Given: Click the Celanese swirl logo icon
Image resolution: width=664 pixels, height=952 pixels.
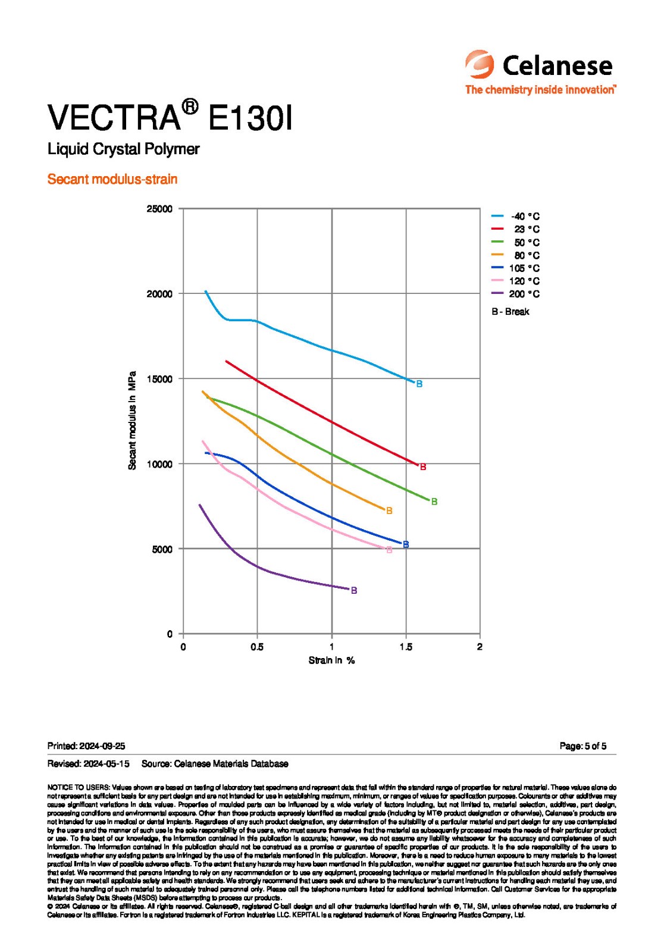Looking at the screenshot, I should point(479,64).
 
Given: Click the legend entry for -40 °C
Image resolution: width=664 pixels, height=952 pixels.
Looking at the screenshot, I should point(515,217).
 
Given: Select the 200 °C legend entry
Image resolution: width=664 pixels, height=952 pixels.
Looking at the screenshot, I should point(515,294).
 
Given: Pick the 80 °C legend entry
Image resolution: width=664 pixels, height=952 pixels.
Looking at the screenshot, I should point(515,255).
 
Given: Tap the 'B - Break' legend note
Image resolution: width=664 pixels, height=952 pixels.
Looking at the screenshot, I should point(510,312).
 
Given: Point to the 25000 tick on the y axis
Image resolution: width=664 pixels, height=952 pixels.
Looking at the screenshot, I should point(159,209).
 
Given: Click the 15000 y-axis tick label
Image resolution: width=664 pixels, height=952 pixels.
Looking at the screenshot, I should point(159,379).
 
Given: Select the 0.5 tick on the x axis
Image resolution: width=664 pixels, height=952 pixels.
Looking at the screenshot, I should point(257,647).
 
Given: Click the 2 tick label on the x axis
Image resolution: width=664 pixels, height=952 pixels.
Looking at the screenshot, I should point(480,647).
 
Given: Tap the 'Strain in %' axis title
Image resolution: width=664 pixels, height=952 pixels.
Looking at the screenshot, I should point(331,660).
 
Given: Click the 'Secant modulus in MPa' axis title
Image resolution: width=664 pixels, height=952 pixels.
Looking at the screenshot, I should point(132,421).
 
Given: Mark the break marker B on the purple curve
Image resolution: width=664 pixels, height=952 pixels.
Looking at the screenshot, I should point(354,590).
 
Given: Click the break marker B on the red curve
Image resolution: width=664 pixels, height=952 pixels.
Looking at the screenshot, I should point(423,467).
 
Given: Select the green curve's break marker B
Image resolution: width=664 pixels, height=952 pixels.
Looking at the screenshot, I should point(434,502).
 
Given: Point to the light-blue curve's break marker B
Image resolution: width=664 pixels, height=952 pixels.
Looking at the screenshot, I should point(419,384).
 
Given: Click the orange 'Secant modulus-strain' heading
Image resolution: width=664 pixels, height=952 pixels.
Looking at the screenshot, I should point(112,179).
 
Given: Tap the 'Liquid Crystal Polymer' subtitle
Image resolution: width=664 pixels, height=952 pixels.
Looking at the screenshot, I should point(123,149).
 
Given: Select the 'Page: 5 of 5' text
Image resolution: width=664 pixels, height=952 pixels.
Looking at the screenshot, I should point(582,746).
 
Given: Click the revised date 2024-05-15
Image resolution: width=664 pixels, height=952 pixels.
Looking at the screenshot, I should point(107,763).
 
